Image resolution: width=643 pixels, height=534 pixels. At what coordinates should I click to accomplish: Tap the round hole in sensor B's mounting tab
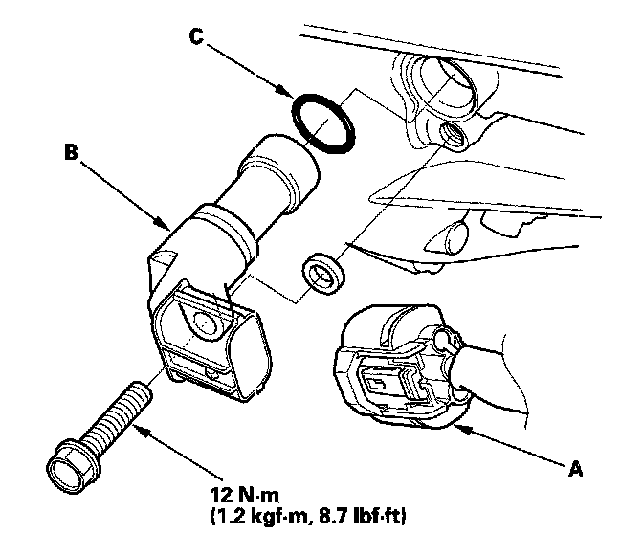[203, 323]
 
